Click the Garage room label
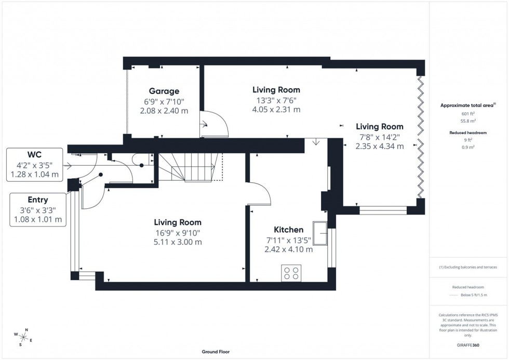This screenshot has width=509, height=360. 164,91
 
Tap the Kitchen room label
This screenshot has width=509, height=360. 288,230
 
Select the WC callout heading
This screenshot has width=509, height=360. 34,155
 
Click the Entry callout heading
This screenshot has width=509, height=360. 38,199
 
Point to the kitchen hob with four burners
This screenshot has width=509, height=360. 291,273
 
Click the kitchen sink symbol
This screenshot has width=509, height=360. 320,233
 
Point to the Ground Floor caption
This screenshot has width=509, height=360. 216,352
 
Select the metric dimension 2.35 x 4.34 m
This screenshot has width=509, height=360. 379,146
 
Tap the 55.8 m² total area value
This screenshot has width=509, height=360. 468,120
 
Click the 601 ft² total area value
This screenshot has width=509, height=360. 468,113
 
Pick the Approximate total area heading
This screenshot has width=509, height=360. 467,105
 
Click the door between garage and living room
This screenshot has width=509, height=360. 214,126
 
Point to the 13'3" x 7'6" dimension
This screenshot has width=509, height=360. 276,100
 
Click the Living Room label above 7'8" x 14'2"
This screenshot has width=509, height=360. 379,126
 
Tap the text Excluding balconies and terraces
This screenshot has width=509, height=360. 468,267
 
